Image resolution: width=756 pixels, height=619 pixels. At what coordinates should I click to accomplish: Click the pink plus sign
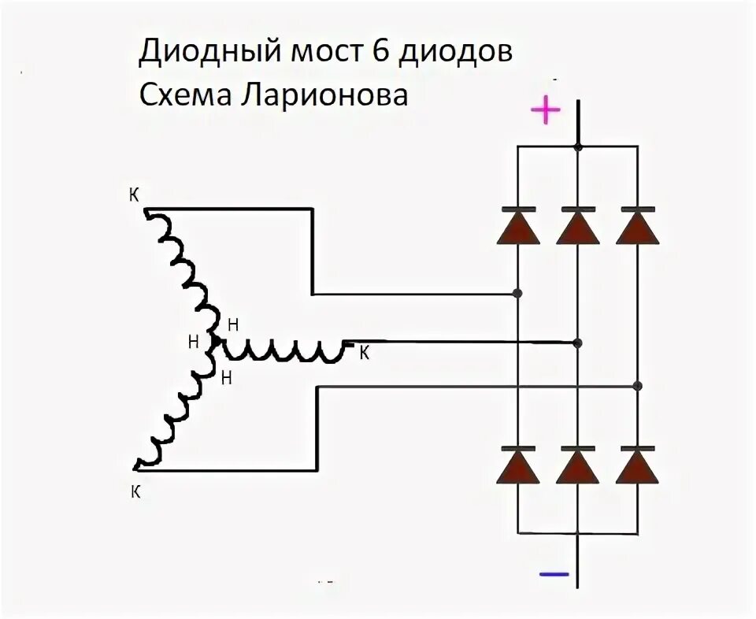tap(545, 111)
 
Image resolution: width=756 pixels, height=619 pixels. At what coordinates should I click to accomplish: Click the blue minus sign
tap(554, 574)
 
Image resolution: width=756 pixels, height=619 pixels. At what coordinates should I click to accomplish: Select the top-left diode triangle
tap(517, 228)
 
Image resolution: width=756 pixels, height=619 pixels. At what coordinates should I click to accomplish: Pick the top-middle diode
tap(578, 228)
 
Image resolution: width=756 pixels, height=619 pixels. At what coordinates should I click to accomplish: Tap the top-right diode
tap(638, 228)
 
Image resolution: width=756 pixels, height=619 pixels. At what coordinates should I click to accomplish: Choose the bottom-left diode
tap(517, 465)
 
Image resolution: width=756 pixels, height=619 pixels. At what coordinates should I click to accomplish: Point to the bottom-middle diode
tap(578, 465)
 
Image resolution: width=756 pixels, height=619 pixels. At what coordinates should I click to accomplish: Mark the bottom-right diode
tap(638, 465)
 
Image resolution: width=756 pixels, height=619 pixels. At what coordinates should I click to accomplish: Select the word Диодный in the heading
tap(209, 54)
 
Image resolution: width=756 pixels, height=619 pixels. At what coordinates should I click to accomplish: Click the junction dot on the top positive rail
tap(578, 146)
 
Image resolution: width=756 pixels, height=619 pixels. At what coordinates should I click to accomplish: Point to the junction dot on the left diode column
tap(517, 294)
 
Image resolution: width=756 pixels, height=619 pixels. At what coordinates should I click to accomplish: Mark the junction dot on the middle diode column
tap(578, 343)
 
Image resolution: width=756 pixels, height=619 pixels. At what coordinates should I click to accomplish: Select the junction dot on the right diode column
tap(638, 385)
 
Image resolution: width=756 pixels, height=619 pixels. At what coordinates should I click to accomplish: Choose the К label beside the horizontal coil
tap(364, 354)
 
